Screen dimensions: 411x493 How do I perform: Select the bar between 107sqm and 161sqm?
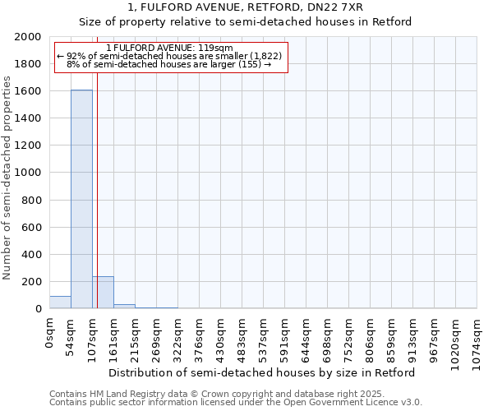(103, 293)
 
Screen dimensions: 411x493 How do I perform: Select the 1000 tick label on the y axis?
(29, 173)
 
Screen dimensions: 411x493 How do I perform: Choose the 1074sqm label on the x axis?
(477, 338)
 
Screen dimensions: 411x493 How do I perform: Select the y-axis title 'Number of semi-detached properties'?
(7, 178)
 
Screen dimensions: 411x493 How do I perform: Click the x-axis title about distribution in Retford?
(262, 372)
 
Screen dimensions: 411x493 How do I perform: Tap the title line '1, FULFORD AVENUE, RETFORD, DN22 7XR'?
(246, 7)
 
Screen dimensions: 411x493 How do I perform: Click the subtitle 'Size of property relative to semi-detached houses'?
(246, 22)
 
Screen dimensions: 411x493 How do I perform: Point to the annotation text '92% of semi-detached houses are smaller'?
(170, 56)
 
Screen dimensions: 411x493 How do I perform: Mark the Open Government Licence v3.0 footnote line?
(236, 403)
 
